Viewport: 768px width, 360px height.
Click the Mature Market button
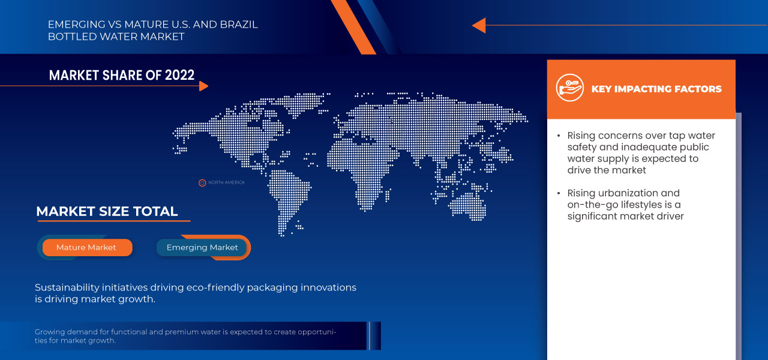point(86,247)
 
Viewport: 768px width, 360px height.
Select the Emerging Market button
point(202,247)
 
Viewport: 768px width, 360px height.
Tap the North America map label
point(226,182)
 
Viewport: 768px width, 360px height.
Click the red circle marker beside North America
point(202,182)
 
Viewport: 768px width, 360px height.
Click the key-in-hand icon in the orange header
point(569,89)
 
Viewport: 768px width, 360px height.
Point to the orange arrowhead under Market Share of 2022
point(203,86)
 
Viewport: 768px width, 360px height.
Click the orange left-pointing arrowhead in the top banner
point(478,25)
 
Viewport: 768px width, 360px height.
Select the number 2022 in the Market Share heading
point(178,75)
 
